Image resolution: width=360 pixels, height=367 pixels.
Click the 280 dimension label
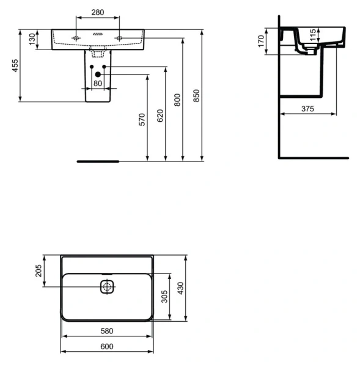click(x=97, y=12)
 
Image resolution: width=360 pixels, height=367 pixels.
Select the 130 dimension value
click(x=31, y=40)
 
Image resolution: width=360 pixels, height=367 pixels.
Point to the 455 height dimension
click(x=14, y=65)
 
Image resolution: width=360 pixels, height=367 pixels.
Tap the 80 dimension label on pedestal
click(x=98, y=85)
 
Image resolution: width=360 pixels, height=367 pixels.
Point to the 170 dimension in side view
click(x=260, y=41)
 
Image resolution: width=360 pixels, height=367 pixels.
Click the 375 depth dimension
click(x=307, y=108)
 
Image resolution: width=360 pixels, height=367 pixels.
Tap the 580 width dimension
click(x=106, y=331)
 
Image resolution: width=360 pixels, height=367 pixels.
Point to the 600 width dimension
click(x=106, y=347)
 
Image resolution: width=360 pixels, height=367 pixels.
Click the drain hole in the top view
click(x=108, y=286)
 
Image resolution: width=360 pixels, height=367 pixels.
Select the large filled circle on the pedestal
click(x=97, y=75)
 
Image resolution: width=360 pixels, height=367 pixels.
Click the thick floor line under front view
click(x=98, y=161)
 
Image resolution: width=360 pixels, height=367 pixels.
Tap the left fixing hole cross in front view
click(x=76, y=38)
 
